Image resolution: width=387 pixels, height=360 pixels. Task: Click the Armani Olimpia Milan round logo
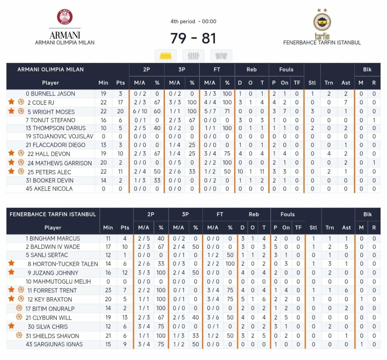[65, 17]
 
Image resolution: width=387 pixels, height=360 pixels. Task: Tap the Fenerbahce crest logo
[322, 22]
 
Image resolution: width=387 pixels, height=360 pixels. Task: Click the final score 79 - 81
[193, 38]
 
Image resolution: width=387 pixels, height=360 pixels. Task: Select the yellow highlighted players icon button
[166, 56]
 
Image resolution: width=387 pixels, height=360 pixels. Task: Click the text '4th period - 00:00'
[193, 22]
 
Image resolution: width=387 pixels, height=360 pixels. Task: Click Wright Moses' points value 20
[120, 111]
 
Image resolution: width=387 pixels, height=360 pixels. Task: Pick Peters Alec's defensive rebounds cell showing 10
[240, 171]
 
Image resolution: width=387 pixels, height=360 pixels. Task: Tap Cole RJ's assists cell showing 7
[345, 102]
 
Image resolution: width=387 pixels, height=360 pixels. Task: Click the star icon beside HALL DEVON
[11, 153]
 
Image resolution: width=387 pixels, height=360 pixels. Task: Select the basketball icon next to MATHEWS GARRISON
[21, 162]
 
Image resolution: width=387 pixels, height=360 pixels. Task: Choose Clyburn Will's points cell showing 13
[125, 317]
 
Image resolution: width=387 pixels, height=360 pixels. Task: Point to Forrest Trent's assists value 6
[346, 290]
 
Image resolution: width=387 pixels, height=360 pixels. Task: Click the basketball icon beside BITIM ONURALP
[19, 308]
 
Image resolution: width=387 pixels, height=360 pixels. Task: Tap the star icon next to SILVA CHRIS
[11, 326]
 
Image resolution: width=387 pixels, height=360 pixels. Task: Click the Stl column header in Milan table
[312, 83]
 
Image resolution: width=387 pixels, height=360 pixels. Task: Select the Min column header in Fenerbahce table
[108, 228]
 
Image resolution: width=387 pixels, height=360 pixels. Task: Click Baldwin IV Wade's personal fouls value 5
[276, 247]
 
